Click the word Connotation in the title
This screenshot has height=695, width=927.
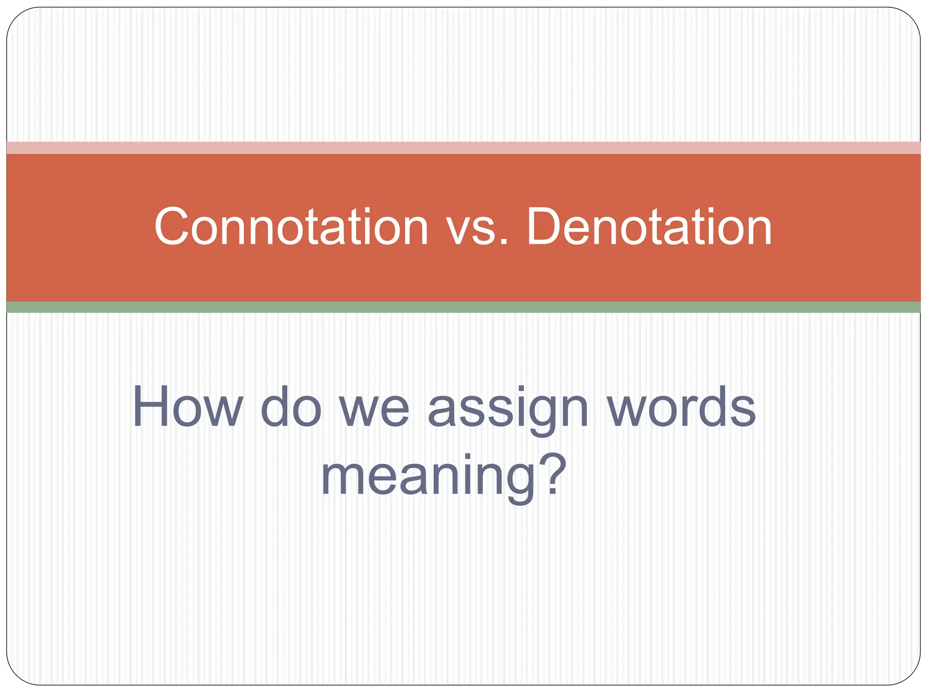pos(291,227)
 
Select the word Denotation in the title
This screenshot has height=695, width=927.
pos(650,227)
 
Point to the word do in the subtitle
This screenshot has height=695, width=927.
pos(291,407)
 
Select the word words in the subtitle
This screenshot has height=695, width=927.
pos(681,407)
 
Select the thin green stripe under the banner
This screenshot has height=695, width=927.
pos(463,307)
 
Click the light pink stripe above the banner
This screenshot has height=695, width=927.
pos(463,148)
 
